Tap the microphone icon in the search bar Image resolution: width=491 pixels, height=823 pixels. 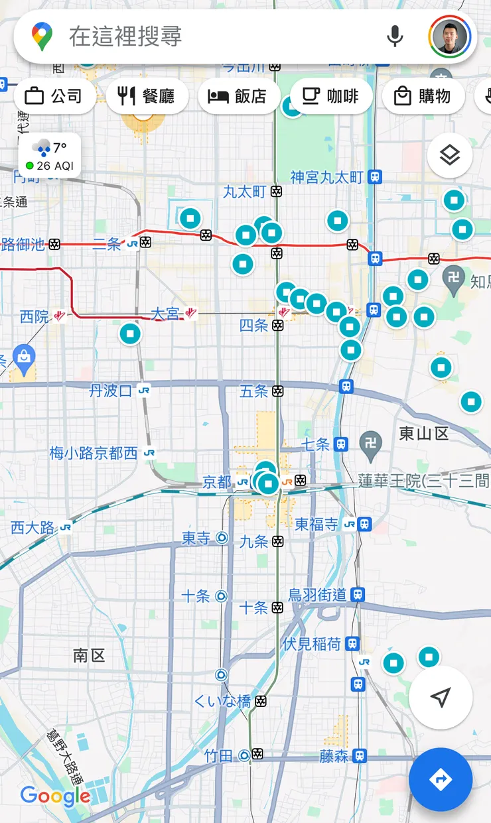(395, 36)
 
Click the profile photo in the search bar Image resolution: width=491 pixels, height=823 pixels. (450, 36)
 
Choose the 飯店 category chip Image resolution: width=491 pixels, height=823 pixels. (237, 96)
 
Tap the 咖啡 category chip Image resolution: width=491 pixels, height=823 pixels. (330, 96)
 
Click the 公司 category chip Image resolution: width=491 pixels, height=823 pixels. (53, 96)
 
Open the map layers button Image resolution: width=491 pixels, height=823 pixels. (450, 155)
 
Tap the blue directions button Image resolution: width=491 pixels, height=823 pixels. (441, 780)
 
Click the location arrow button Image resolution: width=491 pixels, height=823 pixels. (441, 697)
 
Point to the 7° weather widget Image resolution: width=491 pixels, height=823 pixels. (50, 156)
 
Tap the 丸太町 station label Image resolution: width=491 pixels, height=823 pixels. (245, 192)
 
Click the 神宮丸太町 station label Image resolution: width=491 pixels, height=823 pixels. (327, 177)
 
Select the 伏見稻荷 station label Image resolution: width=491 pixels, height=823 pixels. (311, 643)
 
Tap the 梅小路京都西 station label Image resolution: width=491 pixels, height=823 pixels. (94, 454)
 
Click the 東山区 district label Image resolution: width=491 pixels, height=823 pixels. (424, 434)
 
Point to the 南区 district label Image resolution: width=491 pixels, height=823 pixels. (89, 656)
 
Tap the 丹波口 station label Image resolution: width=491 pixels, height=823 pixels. (111, 391)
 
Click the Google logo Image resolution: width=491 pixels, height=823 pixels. (55, 796)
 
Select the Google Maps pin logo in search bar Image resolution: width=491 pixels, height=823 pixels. (42, 36)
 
